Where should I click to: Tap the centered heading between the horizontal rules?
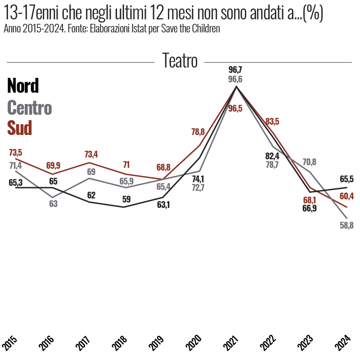[x=180, y=60]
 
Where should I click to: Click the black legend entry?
[x=23, y=85]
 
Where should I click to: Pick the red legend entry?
[x=20, y=128]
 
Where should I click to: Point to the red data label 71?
[x=127, y=165]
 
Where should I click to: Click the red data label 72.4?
[x=92, y=154]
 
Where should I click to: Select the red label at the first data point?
[x=16, y=152]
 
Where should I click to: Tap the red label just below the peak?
[x=235, y=108]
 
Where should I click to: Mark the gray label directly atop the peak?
[x=236, y=79]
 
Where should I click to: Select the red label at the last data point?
[x=347, y=197]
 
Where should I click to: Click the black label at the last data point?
[x=347, y=179]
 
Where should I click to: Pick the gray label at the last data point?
[x=347, y=224]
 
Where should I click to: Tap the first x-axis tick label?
[x=10, y=343]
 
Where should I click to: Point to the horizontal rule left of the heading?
[x=79, y=62]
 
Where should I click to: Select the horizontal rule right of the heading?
[x=277, y=63]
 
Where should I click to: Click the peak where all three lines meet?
[x=236, y=87]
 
